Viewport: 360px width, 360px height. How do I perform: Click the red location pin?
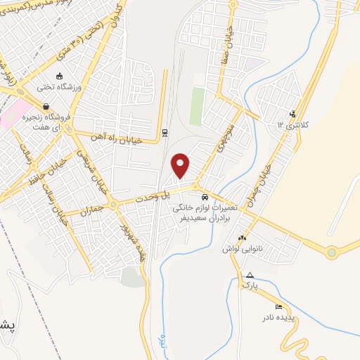pyautogui.click(x=181, y=165)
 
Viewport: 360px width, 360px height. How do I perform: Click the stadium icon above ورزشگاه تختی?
pyautogui.click(x=60, y=76)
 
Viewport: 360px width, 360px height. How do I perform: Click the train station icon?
pyautogui.click(x=165, y=132)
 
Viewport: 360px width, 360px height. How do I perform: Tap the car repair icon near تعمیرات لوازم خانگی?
pyautogui.click(x=205, y=197)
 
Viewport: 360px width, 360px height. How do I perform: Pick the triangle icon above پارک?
pyautogui.click(x=249, y=275)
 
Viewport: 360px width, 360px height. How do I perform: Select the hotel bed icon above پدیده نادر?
pyautogui.click(x=279, y=307)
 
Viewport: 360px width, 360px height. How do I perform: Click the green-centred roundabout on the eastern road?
pyautogui.click(x=331, y=252)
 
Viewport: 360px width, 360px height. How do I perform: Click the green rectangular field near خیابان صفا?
pyautogui.click(x=197, y=106)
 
